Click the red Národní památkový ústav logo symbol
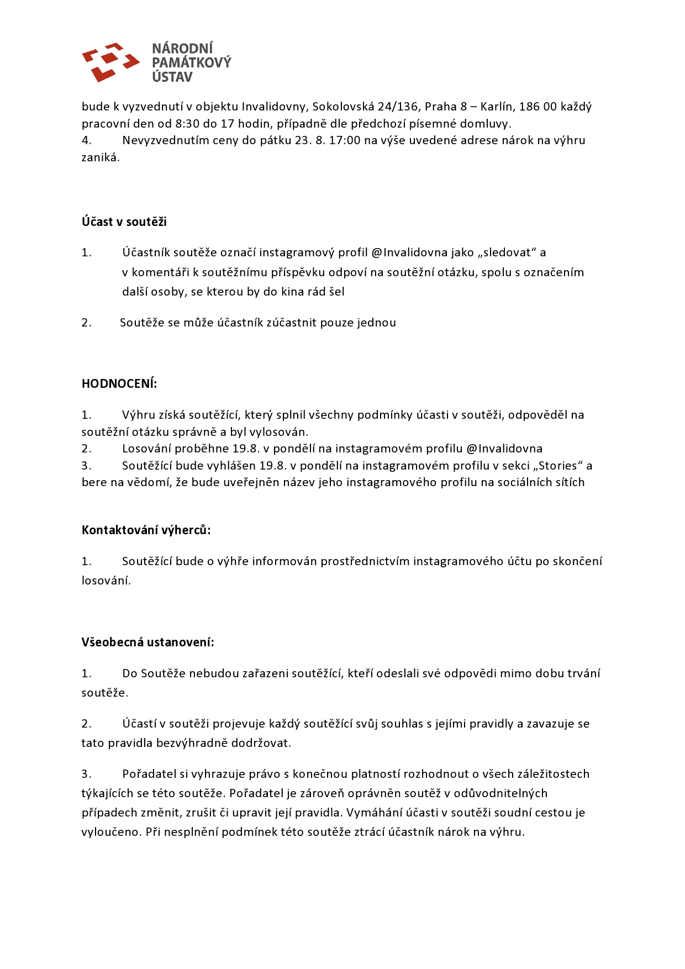click(x=110, y=62)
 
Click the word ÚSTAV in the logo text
click(x=172, y=77)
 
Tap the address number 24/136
click(x=398, y=107)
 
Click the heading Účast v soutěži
click(x=124, y=222)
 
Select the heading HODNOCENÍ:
click(x=119, y=384)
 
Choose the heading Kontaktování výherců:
click(x=146, y=530)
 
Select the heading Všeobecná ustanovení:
click(x=148, y=643)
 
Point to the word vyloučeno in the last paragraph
click(x=110, y=832)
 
